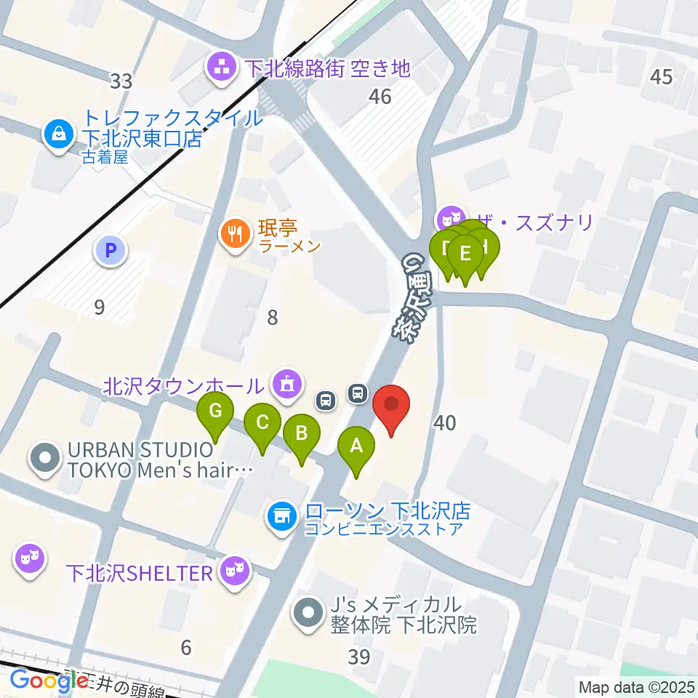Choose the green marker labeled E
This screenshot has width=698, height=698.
[465, 255]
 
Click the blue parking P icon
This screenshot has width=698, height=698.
[111, 252]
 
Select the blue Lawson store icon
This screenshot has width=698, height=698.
[281, 517]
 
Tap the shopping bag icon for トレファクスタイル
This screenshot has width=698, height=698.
[57, 132]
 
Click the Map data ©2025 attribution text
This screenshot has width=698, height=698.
[635, 686]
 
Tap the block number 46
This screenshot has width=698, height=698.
[380, 95]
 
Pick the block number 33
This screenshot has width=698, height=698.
[121, 81]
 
